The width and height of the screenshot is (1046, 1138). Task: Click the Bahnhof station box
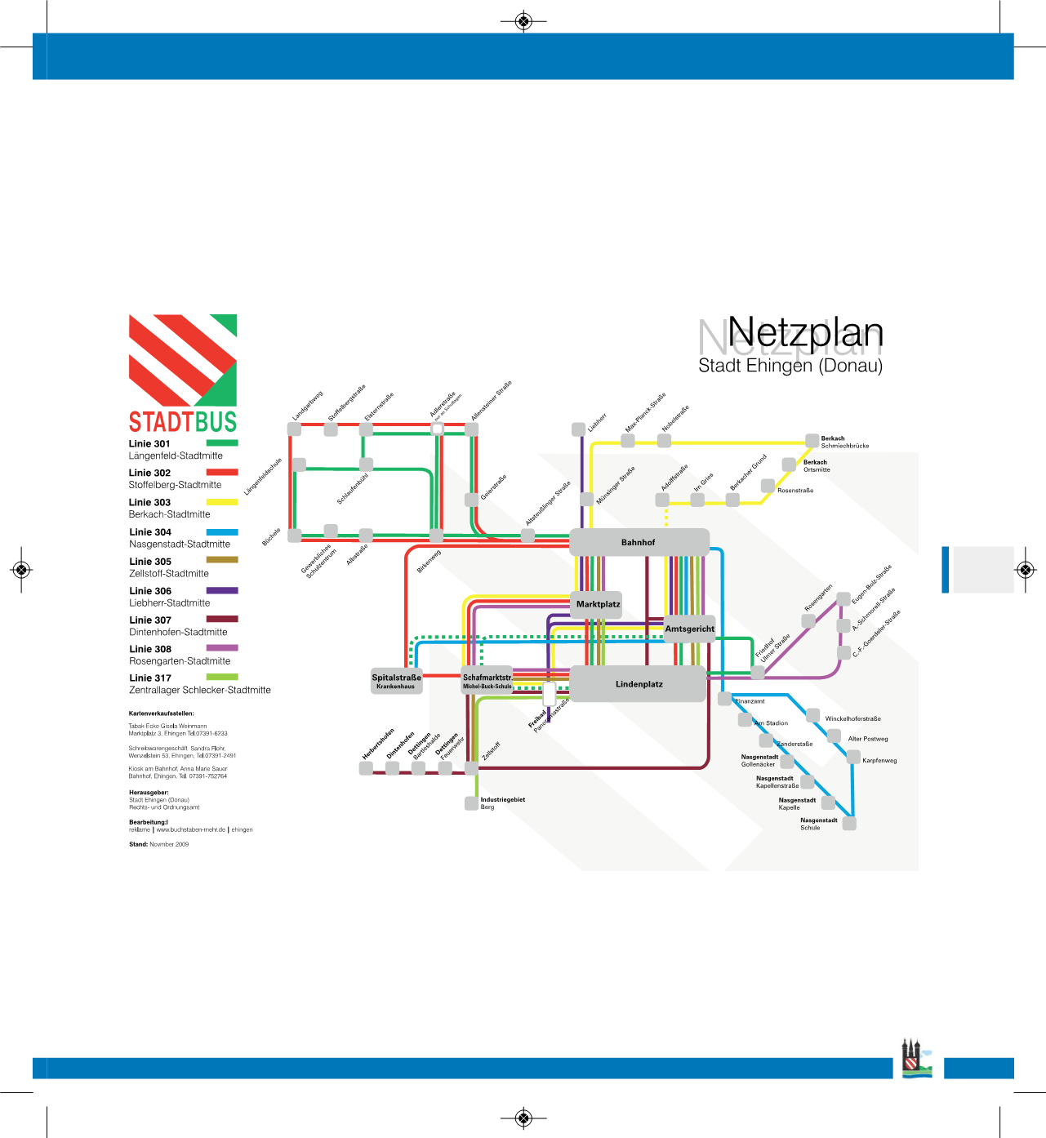(x=639, y=542)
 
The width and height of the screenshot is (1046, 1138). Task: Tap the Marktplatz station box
(x=598, y=604)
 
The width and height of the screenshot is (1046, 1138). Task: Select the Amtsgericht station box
(x=690, y=629)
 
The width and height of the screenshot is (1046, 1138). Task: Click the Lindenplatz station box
(x=638, y=684)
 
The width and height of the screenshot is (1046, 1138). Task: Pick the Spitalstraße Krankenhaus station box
(x=397, y=681)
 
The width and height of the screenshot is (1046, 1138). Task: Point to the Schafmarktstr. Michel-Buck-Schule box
(x=487, y=681)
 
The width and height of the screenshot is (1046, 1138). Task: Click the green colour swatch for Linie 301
(x=222, y=443)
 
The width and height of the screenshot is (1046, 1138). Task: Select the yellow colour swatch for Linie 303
(x=222, y=502)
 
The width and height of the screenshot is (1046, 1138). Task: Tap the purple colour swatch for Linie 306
(x=222, y=590)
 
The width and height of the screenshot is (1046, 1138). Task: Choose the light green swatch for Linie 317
(x=222, y=677)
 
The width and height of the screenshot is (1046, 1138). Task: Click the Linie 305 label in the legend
(x=150, y=562)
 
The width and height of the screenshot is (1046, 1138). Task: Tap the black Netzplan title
(x=805, y=332)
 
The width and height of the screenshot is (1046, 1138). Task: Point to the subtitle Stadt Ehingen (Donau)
(x=790, y=366)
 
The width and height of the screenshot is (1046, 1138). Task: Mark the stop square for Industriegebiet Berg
(x=471, y=803)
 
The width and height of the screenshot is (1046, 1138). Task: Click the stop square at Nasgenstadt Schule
(x=849, y=824)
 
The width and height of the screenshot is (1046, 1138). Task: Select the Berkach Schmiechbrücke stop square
(x=812, y=441)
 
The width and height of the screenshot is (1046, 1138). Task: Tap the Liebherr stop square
(x=578, y=429)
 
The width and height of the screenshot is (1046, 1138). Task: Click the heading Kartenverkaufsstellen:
(x=162, y=713)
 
